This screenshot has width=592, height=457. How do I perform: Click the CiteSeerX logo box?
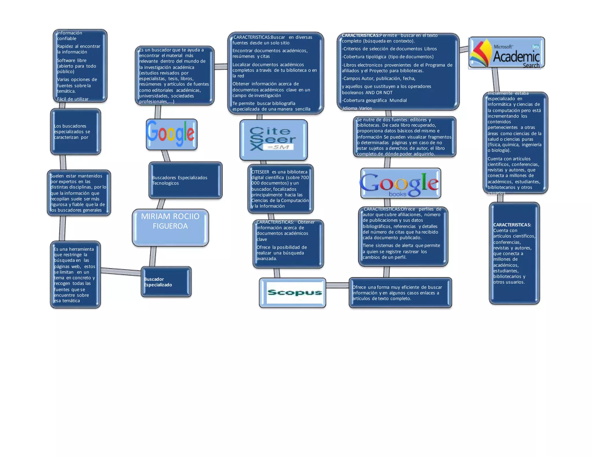pyautogui.click(x=273, y=140)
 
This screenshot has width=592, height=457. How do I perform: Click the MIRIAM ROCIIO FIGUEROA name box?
pyautogui.click(x=170, y=227)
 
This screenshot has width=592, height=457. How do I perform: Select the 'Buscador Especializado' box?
pyautogui.click(x=166, y=282)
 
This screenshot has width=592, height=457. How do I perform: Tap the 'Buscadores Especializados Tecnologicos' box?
pyautogui.click(x=185, y=180)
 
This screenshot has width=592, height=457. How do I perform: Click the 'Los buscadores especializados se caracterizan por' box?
pyautogui.click(x=75, y=132)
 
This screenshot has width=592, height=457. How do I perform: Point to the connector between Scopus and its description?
pyautogui.click(x=337, y=285)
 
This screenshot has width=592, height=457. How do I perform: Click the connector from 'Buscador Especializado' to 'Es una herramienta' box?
pyautogui.click(x=121, y=272)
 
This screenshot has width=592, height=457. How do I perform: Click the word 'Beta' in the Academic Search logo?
pyautogui.click(x=535, y=47)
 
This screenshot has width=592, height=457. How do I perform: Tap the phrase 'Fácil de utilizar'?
pyautogui.click(x=73, y=99)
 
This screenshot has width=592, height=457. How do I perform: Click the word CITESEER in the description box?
pyautogui.click(x=260, y=172)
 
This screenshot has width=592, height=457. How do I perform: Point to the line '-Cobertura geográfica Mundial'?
pyautogui.click(x=375, y=101)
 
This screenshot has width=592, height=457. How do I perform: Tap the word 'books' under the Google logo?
pyautogui.click(x=397, y=194)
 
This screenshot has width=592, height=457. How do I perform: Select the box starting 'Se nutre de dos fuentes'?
pyautogui.click(x=404, y=137)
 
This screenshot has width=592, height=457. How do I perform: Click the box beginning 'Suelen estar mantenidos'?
pyautogui.click(x=79, y=193)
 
